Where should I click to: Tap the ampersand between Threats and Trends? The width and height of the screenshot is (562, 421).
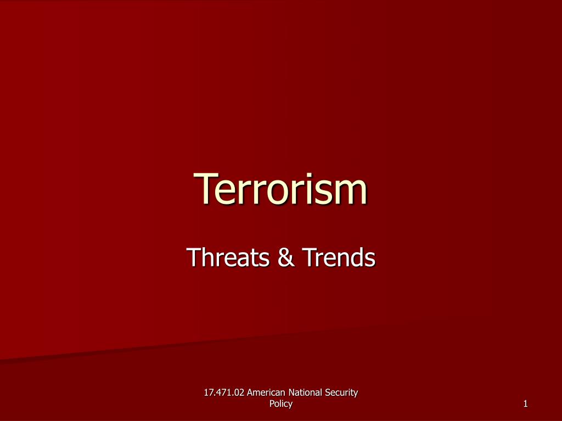coord(285,257)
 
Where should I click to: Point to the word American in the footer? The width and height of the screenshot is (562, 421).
coord(267,392)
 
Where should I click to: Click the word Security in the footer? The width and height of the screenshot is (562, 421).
coord(342,392)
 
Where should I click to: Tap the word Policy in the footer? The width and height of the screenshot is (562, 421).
coord(281,404)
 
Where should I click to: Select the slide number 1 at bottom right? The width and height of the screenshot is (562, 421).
coord(525,405)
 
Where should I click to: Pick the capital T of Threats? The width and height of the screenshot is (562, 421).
coord(193,257)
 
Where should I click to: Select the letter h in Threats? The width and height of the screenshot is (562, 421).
coord(207,257)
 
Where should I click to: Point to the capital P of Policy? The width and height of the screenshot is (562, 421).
coord(272,404)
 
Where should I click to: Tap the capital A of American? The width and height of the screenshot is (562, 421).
coord(251,392)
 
